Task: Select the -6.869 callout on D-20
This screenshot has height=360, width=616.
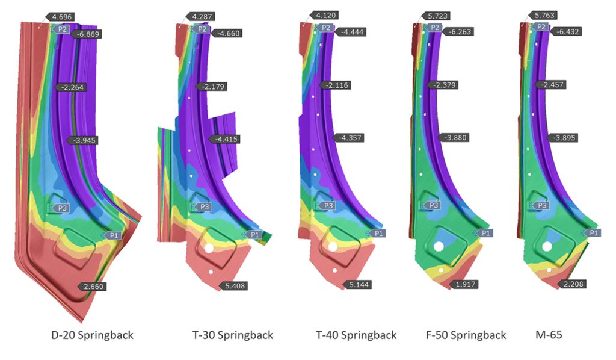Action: pos(88,34)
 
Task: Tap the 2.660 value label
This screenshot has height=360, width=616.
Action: pos(93,286)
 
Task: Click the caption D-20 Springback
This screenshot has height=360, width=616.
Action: pos(92,335)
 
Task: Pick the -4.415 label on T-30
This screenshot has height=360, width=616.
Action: pos(224,139)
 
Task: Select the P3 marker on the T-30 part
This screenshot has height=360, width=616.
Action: pos(203,206)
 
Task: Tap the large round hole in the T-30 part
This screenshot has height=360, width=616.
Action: pos(209,247)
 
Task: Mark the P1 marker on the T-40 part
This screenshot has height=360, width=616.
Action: pos(378,233)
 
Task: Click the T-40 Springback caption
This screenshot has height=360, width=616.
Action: pos(356,335)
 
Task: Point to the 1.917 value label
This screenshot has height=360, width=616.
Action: pos(463,284)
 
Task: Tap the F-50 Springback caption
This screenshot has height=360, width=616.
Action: pos(463,335)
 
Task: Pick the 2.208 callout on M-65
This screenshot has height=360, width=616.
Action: pos(574,284)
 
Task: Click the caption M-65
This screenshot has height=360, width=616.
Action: pos(548,335)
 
